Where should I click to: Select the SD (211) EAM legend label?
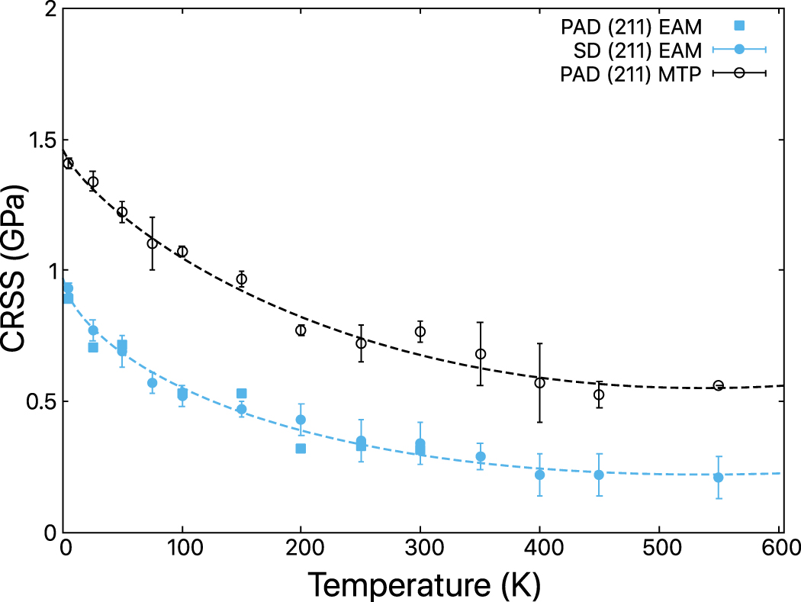pyautogui.click(x=639, y=50)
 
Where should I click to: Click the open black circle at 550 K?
pyautogui.click(x=718, y=385)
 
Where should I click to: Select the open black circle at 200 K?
pyautogui.click(x=301, y=330)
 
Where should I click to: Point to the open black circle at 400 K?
pyautogui.click(x=539, y=383)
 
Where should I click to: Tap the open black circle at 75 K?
pyautogui.click(x=152, y=243)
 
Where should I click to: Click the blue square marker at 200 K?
pyautogui.click(x=301, y=448)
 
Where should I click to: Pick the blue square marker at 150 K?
pyautogui.click(x=241, y=394)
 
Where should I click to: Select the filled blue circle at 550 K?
pyautogui.click(x=718, y=478)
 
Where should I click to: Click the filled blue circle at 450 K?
pyautogui.click(x=599, y=475)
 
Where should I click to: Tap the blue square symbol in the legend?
pyautogui.click(x=738, y=25)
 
